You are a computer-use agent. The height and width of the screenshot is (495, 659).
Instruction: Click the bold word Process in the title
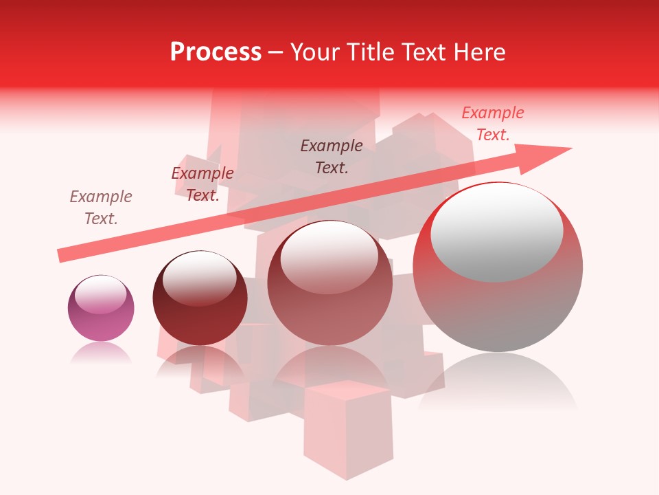[216, 52]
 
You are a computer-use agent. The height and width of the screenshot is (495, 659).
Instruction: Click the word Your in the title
[316, 52]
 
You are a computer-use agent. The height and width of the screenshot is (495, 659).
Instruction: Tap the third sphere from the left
[329, 289]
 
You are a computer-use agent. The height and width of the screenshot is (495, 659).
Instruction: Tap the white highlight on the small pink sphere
[100, 294]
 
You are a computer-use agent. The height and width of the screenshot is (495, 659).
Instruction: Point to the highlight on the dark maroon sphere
[199, 279]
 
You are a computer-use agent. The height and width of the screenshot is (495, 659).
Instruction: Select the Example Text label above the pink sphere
[101, 208]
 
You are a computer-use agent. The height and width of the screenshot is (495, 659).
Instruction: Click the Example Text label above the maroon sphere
[203, 184]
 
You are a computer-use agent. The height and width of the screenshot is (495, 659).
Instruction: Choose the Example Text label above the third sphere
[332, 156]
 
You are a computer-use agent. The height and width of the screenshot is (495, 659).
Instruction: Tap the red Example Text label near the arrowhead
[493, 124]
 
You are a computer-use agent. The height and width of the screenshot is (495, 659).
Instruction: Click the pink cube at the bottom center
[348, 426]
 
